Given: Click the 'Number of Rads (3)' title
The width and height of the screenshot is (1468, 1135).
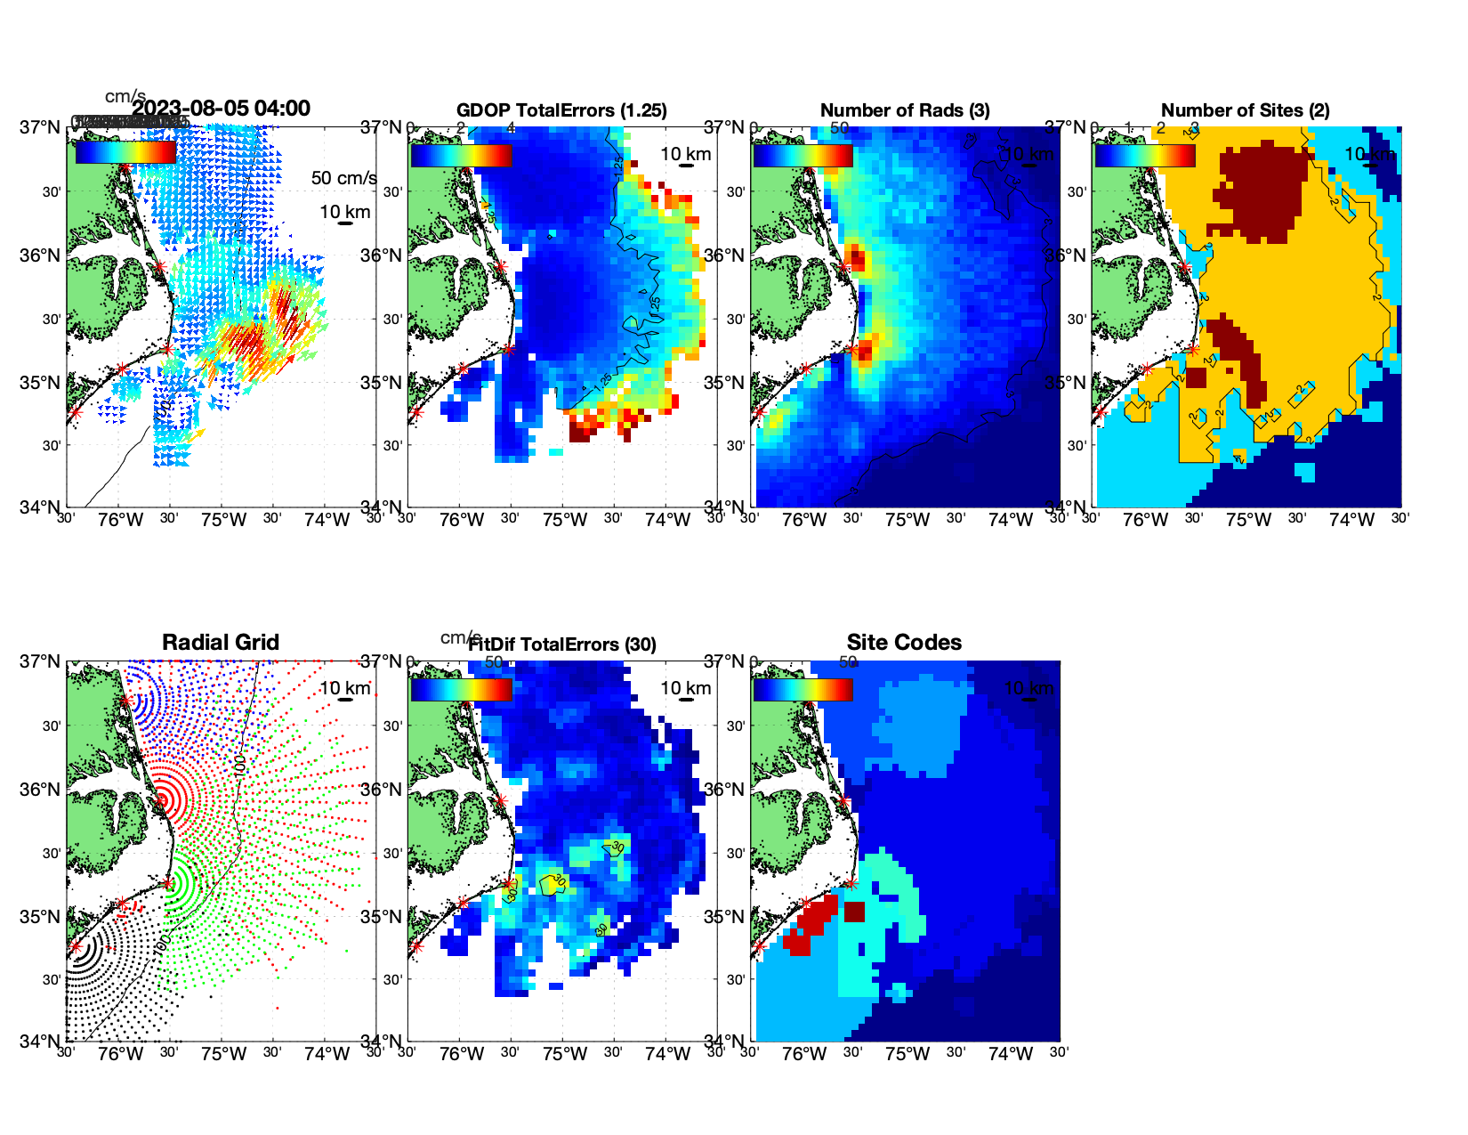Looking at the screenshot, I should coord(904,110).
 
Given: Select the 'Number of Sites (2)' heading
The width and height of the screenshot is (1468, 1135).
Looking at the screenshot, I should coord(1245,110).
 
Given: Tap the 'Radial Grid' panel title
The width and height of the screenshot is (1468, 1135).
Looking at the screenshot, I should coord(221,643).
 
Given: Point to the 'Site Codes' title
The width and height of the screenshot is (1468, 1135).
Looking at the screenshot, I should coord(904,643).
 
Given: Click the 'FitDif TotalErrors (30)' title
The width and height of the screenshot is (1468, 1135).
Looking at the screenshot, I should coord(562,645).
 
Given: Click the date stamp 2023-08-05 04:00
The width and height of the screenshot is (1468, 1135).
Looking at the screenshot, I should coord(222,109).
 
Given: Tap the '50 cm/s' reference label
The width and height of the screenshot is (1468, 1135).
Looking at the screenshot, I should coord(343,178).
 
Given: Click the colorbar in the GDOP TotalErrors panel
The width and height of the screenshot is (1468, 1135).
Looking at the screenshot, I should coord(461,155).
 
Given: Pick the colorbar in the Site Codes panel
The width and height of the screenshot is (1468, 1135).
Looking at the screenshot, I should coord(803,689).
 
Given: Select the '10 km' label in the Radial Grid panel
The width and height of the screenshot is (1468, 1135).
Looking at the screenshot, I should coord(344,688).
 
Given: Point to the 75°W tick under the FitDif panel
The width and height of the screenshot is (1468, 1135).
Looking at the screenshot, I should coord(565,1055).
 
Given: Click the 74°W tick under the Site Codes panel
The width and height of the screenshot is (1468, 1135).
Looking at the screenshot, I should coord(1011,1055).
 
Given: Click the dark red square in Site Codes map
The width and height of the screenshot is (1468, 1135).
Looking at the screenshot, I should coord(854,912).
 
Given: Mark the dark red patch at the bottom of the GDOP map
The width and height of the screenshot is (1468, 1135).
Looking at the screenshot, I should coord(579,432).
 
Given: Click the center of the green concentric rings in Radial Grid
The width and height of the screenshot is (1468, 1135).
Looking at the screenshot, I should coord(168,883).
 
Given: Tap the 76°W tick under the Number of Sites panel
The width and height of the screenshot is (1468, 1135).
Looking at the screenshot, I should coord(1145,521).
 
